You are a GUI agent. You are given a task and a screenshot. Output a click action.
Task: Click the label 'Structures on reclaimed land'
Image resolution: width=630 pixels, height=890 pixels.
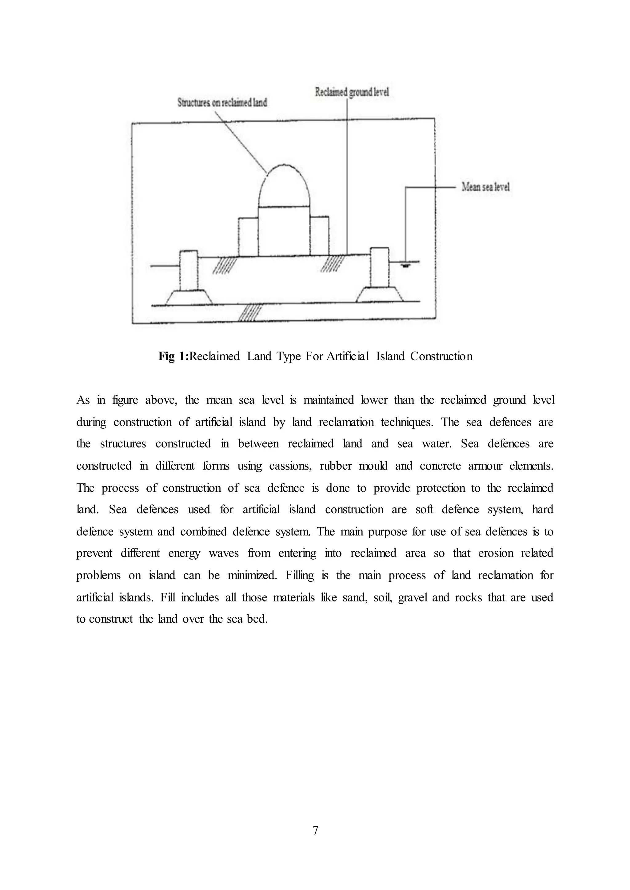click(222, 102)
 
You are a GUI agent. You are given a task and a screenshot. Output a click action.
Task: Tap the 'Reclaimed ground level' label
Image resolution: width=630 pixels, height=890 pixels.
click(352, 92)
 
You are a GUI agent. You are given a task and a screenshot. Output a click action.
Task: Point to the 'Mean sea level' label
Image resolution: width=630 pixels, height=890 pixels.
click(485, 187)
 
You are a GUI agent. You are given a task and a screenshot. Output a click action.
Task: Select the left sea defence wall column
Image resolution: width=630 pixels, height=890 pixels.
click(189, 270)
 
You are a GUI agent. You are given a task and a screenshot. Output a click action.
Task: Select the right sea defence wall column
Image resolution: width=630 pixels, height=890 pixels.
click(379, 267)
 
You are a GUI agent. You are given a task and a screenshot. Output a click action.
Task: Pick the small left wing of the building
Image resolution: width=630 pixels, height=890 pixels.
click(248, 237)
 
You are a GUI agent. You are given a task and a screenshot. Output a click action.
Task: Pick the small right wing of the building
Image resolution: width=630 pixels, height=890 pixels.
click(319, 236)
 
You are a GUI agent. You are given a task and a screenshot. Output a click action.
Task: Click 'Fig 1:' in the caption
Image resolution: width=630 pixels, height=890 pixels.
click(173, 356)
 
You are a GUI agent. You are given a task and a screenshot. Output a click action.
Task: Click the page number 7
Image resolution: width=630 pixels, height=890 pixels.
click(315, 830)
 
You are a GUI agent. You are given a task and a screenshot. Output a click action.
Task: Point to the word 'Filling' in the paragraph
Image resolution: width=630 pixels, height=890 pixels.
click(300, 575)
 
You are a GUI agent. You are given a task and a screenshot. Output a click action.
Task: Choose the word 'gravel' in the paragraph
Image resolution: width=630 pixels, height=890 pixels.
click(413, 597)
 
